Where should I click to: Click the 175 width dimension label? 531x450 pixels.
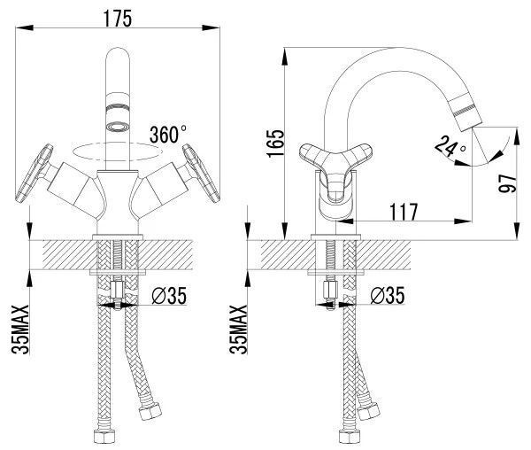click(117, 19)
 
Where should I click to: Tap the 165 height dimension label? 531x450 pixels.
click(275, 144)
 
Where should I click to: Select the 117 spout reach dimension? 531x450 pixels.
click(404, 212)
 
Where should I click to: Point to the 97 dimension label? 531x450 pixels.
click(507, 184)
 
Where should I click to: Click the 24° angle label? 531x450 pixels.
click(450, 147)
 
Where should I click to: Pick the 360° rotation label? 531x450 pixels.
click(168, 134)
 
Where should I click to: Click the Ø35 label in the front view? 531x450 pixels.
click(169, 296)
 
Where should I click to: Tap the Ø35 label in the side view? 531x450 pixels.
click(388, 296)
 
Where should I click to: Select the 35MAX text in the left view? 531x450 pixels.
click(20, 330)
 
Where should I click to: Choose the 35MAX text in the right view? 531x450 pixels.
click(238, 330)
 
